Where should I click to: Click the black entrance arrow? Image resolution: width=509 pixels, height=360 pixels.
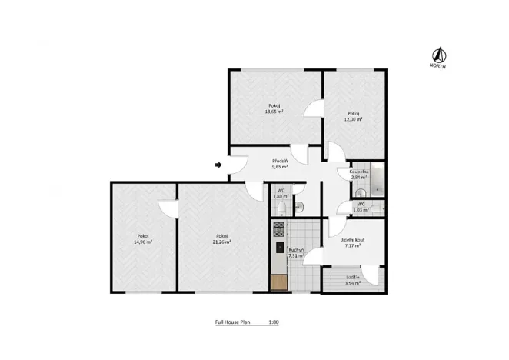click(x=219, y=164)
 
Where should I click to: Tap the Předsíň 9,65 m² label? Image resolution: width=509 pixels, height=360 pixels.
click(x=279, y=163)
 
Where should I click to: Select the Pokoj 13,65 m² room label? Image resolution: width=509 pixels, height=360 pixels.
click(x=274, y=108)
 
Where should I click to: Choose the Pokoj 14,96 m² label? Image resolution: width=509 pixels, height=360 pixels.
click(x=142, y=238)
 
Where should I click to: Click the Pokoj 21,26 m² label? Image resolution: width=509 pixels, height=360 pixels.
click(x=221, y=238)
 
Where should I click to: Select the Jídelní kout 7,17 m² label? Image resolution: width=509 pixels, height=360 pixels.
click(x=354, y=243)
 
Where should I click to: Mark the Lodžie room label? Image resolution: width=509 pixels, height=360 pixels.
click(x=353, y=279)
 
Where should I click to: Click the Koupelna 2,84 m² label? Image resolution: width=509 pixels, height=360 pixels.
click(x=359, y=174)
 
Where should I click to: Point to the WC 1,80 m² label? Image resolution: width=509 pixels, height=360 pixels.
click(x=281, y=193)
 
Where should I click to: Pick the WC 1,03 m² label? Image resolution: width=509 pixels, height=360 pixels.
click(x=361, y=206)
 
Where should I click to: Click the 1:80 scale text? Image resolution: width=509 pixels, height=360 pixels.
click(x=273, y=323)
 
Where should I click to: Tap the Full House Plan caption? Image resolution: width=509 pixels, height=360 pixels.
click(x=235, y=323)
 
